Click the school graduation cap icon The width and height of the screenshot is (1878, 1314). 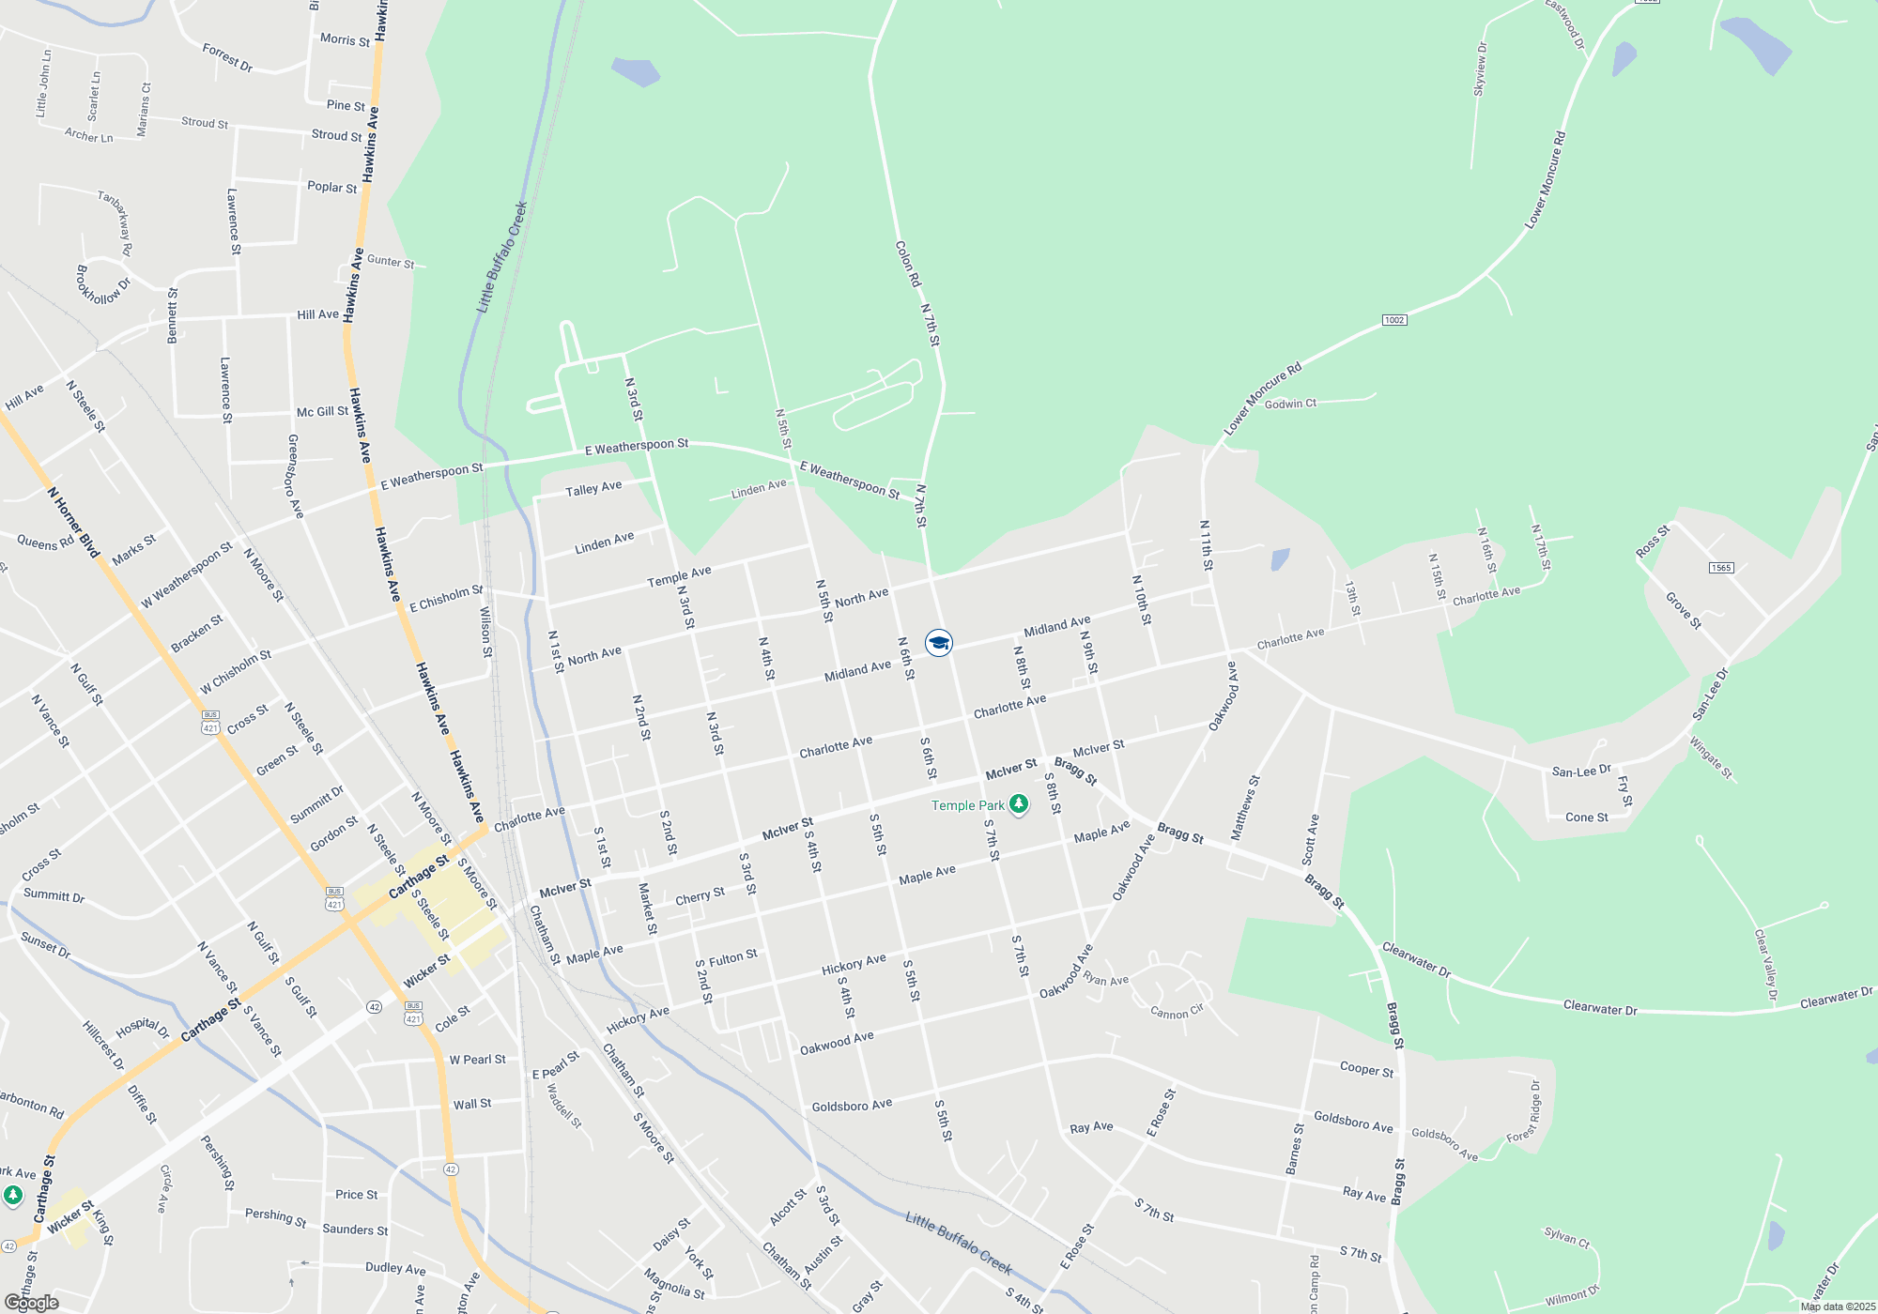(938, 643)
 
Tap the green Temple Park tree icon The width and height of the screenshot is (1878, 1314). (1019, 804)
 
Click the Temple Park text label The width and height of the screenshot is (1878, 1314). (967, 805)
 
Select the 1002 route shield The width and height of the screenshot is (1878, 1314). (1393, 320)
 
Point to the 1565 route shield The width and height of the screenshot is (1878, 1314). (1720, 568)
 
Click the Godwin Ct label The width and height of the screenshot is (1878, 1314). (1290, 404)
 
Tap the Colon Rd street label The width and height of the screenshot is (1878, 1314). (908, 264)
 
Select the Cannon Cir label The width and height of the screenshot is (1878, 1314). (1177, 1013)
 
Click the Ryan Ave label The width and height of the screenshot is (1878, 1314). (1105, 979)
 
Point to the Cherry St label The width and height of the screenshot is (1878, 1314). (700, 896)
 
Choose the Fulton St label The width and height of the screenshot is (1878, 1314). (732, 958)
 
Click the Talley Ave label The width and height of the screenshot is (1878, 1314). (593, 489)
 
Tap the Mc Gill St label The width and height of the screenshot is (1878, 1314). (322, 411)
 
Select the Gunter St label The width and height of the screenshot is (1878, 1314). (391, 261)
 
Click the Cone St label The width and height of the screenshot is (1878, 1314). (1586, 817)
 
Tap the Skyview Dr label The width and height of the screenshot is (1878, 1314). (1480, 69)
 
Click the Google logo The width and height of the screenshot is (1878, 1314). (32, 1303)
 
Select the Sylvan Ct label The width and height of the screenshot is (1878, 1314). (1566, 1237)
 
